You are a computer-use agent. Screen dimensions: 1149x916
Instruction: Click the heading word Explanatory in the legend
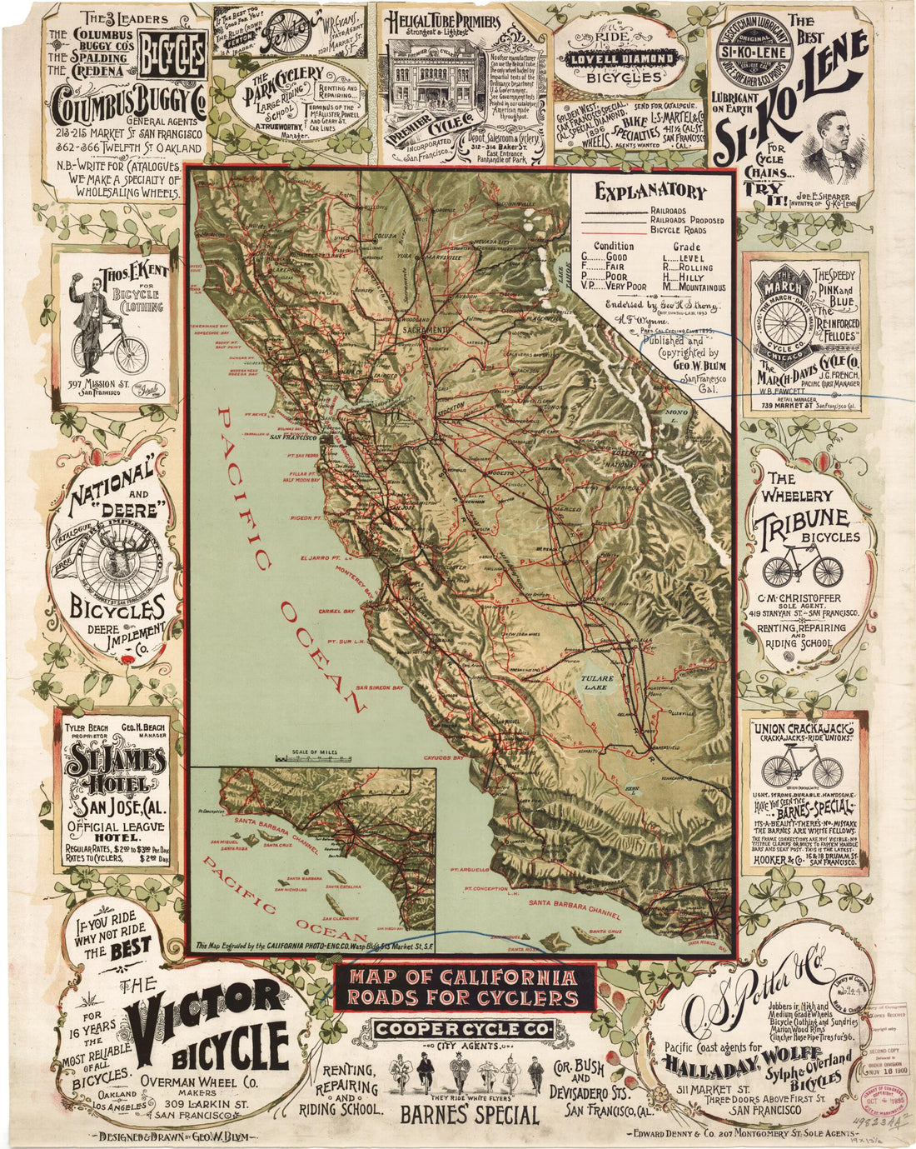click(650, 191)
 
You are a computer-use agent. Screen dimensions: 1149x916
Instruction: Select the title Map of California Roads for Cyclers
click(465, 987)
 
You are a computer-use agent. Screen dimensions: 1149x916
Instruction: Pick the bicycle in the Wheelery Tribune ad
click(803, 567)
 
